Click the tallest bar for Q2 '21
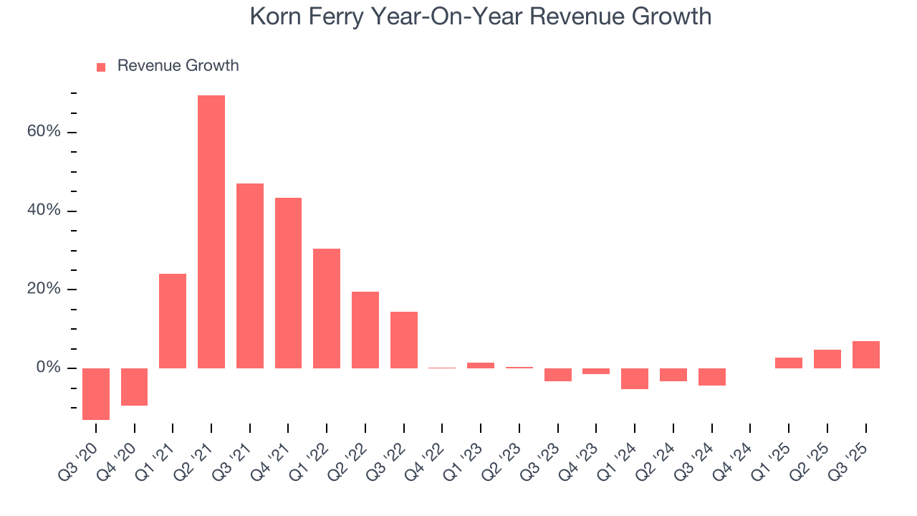coord(211,231)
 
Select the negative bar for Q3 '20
coord(96,393)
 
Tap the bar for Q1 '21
coord(173,320)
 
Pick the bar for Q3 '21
coord(250,276)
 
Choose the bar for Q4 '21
coord(288,282)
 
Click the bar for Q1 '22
coord(327,308)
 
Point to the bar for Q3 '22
coord(404,340)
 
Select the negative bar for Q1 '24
coord(635,378)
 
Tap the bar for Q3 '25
coord(865,355)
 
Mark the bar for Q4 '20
coord(135,386)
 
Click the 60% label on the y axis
coord(44,133)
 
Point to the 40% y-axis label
coord(44,211)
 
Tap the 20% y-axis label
coord(44,289)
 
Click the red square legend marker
coord(101,67)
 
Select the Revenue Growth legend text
coord(178,66)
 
